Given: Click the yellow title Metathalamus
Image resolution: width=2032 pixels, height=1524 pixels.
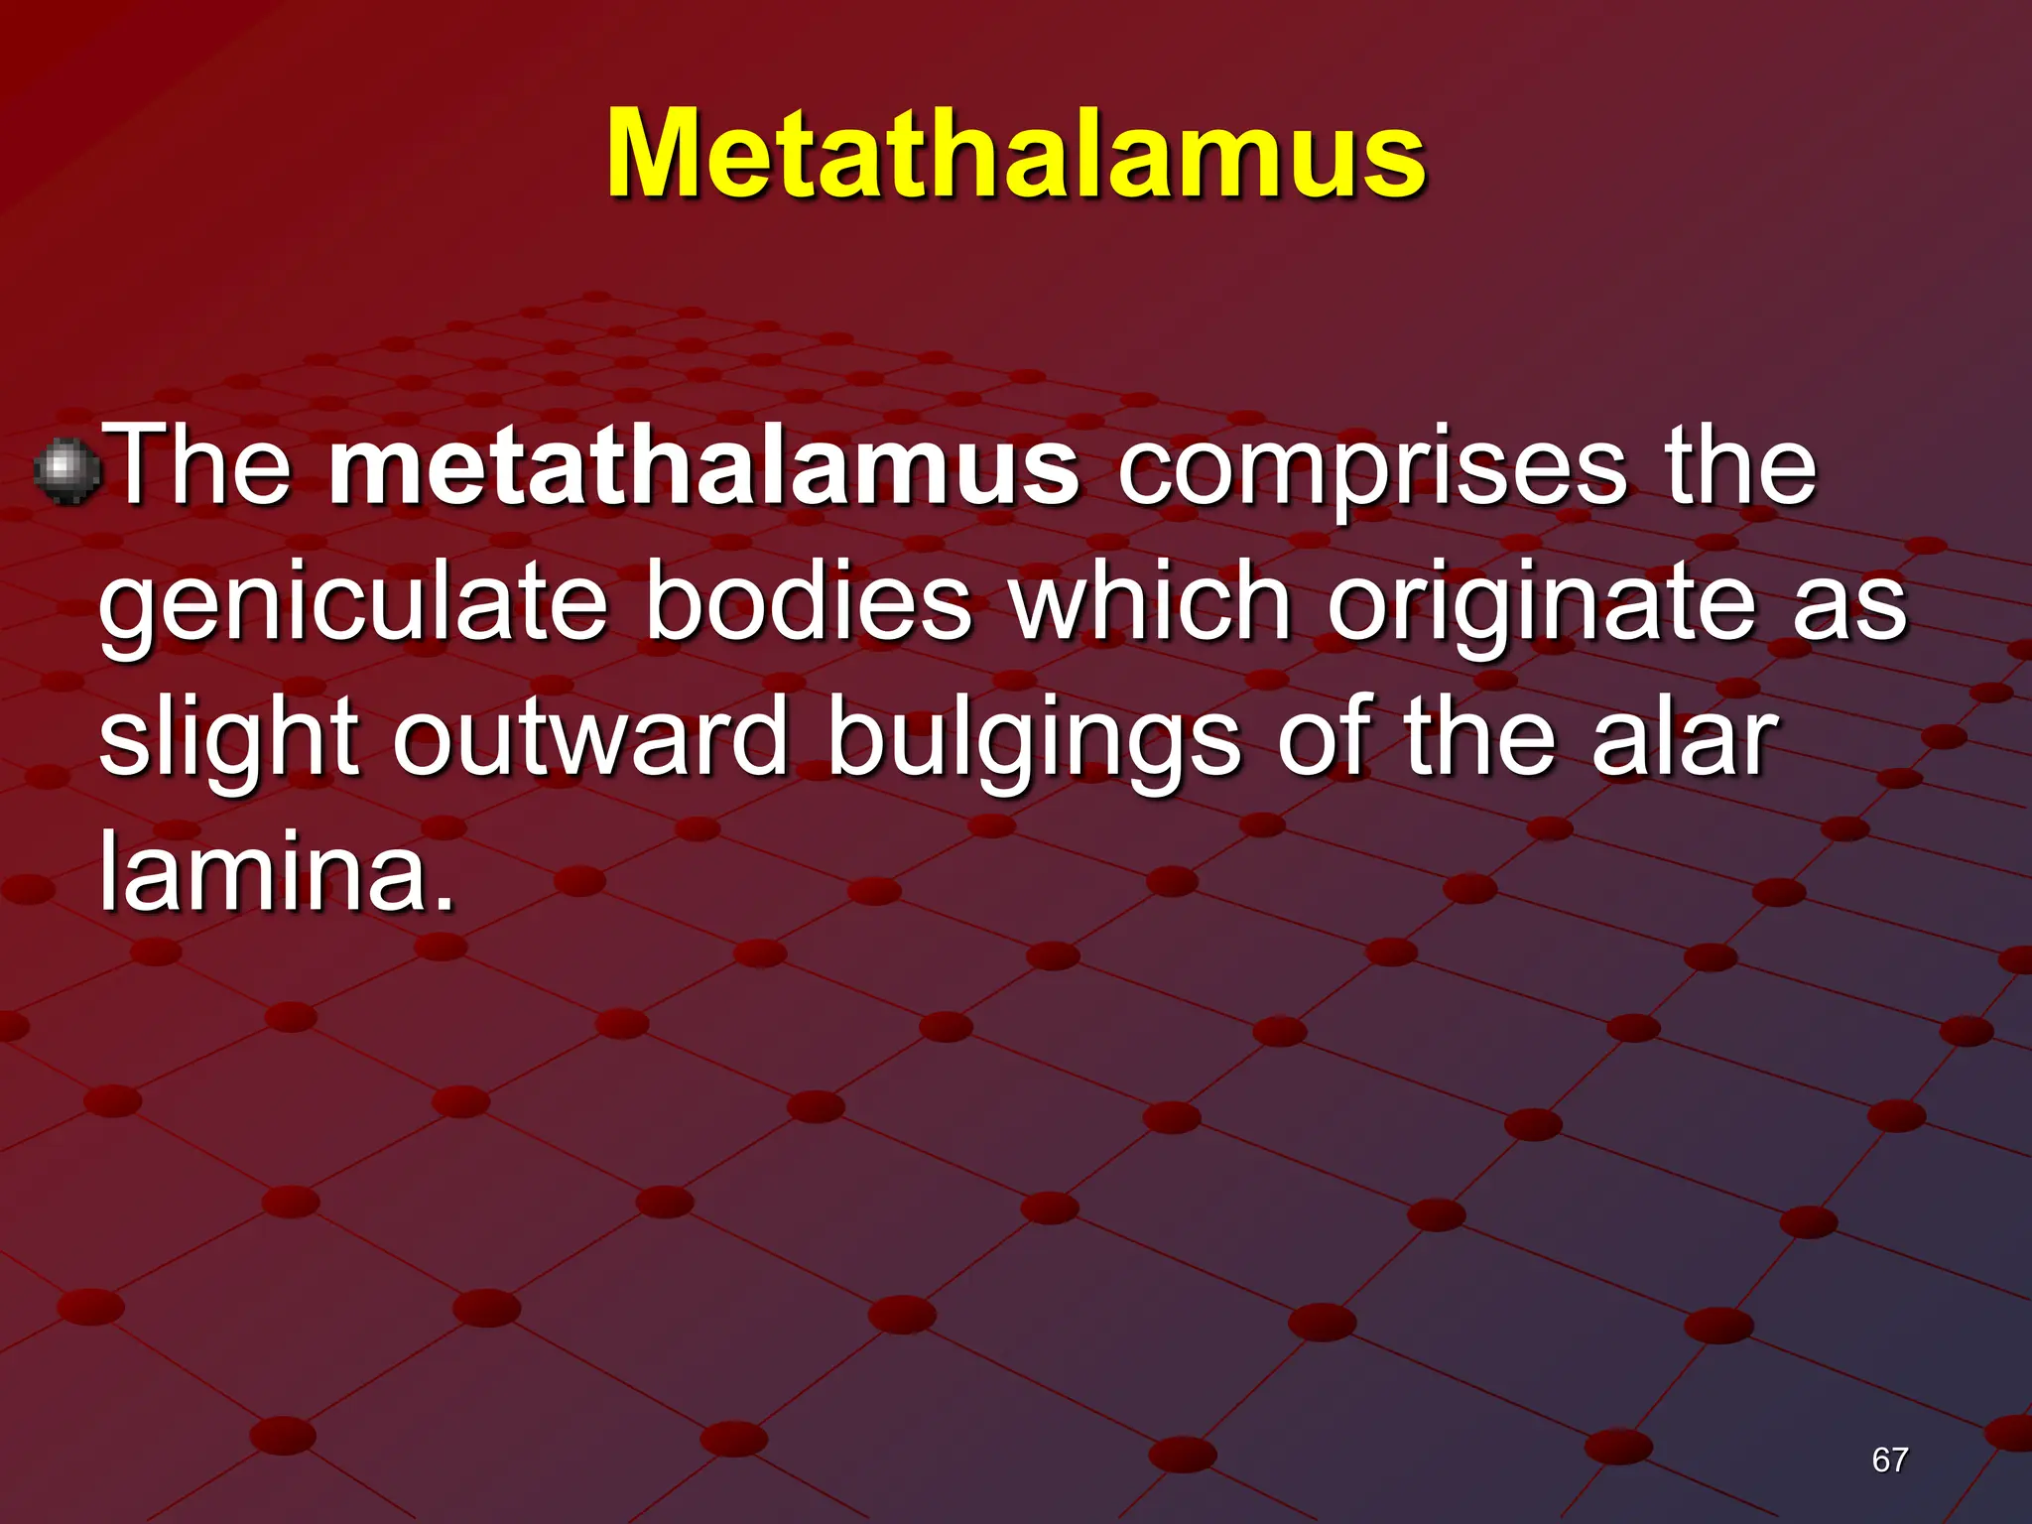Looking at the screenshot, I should [1016, 155].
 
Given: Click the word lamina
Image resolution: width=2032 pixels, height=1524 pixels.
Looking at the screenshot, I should [263, 871].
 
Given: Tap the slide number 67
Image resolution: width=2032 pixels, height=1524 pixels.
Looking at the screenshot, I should [1889, 1460].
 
